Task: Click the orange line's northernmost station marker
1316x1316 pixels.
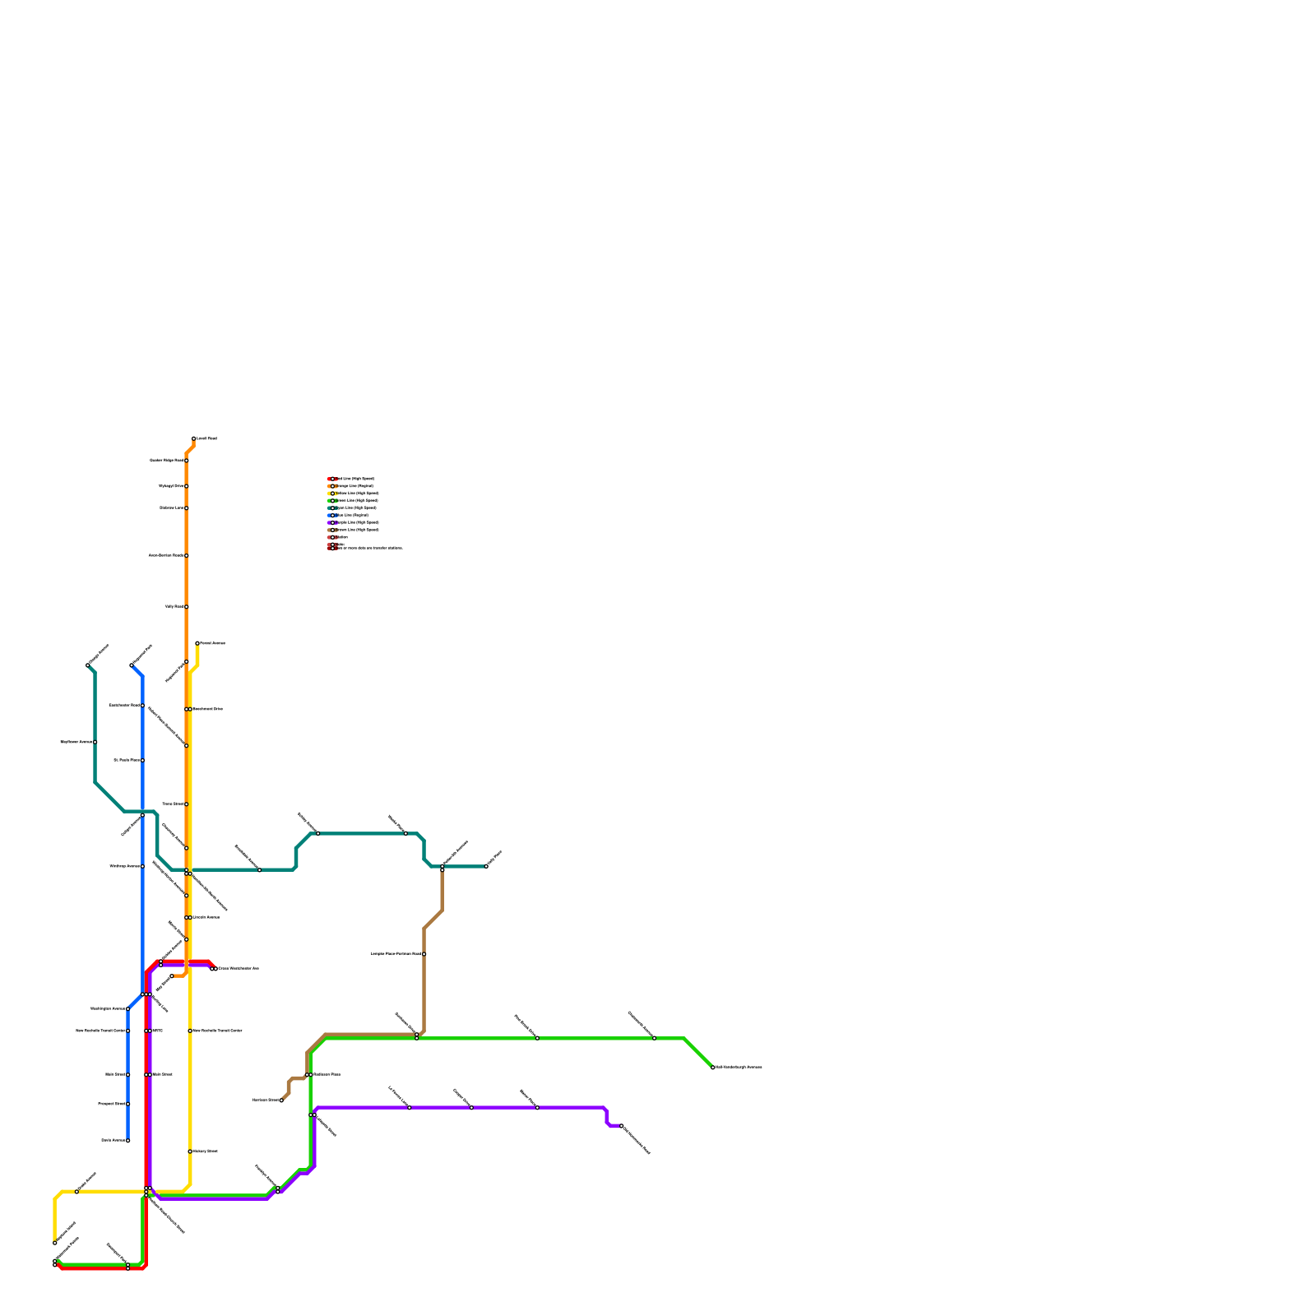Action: click(194, 438)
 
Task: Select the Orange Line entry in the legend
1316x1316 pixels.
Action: click(354, 486)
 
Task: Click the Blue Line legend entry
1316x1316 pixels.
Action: click(350, 516)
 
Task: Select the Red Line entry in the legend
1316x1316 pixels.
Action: click(354, 479)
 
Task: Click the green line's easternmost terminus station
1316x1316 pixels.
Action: click(712, 1068)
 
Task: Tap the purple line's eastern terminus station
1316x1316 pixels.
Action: click(622, 1126)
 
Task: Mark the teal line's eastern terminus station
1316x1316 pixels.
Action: click(486, 866)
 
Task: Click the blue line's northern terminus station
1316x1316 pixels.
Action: click(132, 665)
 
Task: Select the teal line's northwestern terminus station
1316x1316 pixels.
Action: click(88, 665)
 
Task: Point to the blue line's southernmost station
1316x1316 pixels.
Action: click(128, 1141)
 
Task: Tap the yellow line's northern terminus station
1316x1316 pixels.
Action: click(197, 643)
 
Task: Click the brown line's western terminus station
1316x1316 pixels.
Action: click(281, 1101)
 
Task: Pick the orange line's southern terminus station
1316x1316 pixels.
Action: click(172, 976)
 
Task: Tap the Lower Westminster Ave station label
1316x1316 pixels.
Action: click(239, 969)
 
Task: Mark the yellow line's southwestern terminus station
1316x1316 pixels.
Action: click(55, 1243)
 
